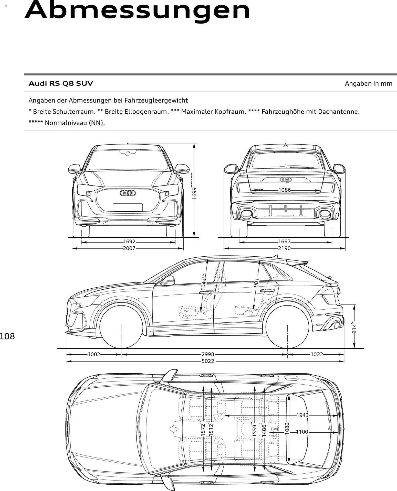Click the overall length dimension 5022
[x=207, y=361]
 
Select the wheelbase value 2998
[x=207, y=354]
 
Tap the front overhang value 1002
[x=94, y=354]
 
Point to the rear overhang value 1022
[x=317, y=354]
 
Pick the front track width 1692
[x=129, y=242]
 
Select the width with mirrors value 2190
[x=284, y=248]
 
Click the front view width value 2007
[x=129, y=248]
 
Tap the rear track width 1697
[x=284, y=242]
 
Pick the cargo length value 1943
[x=302, y=415]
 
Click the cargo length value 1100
[x=302, y=432]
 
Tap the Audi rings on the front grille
[x=128, y=193]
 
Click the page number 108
[x=7, y=336]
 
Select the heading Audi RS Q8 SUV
[x=61, y=83]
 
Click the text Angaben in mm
[x=368, y=83]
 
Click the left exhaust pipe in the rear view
[x=246, y=214]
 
